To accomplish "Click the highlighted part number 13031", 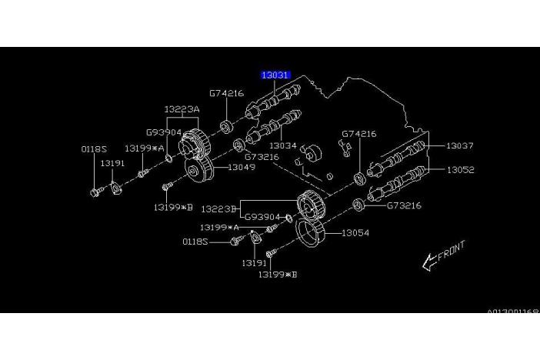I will tap(275, 75).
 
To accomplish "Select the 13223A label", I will tap(182, 109).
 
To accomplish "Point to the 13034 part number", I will tap(282, 145).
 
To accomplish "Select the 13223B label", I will tap(218, 208).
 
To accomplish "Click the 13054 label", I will tap(355, 232).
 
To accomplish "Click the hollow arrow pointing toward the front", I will tap(428, 263).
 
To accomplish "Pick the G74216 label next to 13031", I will tap(225, 94).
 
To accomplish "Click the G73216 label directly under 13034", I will tap(262, 156).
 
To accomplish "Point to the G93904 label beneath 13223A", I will tap(163, 132).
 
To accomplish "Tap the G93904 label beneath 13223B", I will tap(262, 218).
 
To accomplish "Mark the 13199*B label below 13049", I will tap(172, 206).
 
